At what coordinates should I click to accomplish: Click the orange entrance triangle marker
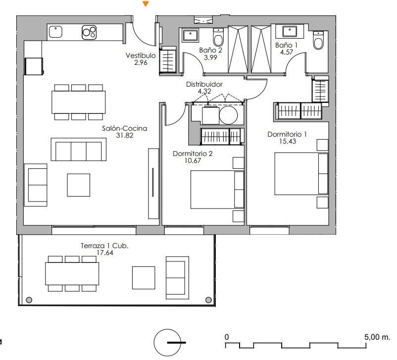pyautogui.click(x=146, y=4)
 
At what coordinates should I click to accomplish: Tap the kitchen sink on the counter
pyautogui.click(x=55, y=32)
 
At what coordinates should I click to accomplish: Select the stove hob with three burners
pyautogui.click(x=89, y=32)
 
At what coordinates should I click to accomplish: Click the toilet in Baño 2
pyautogui.click(x=218, y=37)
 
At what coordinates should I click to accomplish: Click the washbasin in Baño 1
pyautogui.click(x=290, y=32)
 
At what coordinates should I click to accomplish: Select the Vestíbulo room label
pyautogui.click(x=141, y=55)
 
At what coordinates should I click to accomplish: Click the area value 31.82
pyautogui.click(x=125, y=135)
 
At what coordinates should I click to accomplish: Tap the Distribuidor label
pyautogui.click(x=204, y=84)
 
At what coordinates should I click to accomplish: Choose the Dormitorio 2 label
pyautogui.click(x=193, y=154)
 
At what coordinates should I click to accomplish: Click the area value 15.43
pyautogui.click(x=288, y=141)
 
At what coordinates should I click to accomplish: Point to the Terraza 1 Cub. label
pyautogui.click(x=104, y=246)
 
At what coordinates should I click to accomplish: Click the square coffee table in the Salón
pyautogui.click(x=79, y=185)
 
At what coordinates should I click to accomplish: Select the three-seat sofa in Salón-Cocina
pyautogui.click(x=79, y=150)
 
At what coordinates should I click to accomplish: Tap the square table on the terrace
pyautogui.click(x=144, y=278)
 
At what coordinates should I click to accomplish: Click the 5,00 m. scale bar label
pyautogui.click(x=377, y=337)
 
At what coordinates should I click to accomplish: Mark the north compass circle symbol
pyautogui.click(x=167, y=343)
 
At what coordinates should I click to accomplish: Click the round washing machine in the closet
pyautogui.click(x=228, y=115)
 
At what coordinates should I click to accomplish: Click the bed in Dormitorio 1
pyautogui.click(x=301, y=174)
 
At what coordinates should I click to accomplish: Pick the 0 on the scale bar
pyautogui.click(x=227, y=337)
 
